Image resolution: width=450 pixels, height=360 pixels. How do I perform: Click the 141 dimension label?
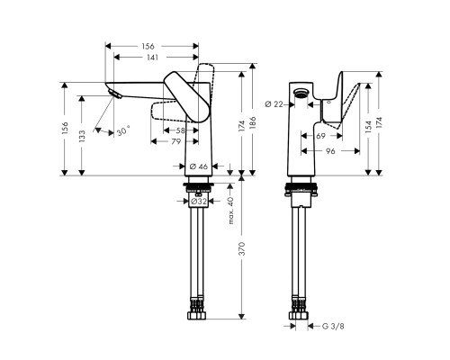tap(155, 57)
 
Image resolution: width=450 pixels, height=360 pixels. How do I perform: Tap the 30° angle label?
tap(121, 131)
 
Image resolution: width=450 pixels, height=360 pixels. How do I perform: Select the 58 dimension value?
tap(180, 131)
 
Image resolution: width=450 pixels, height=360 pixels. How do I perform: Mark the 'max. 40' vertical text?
tap(230, 209)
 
